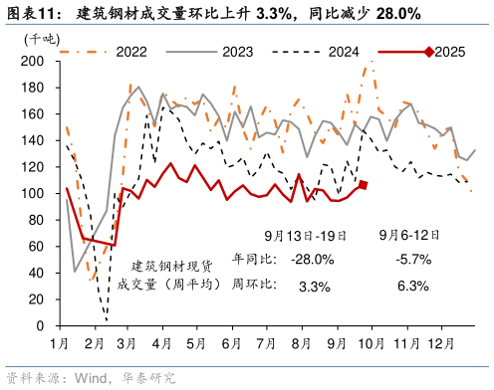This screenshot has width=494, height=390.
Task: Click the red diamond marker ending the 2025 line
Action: pyautogui.click(x=364, y=185)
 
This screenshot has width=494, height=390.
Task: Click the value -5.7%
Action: pyautogui.click(x=408, y=260)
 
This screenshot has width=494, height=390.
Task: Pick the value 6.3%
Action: pyautogui.click(x=408, y=286)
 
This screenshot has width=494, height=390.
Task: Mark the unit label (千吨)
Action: pyautogui.click(x=41, y=38)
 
